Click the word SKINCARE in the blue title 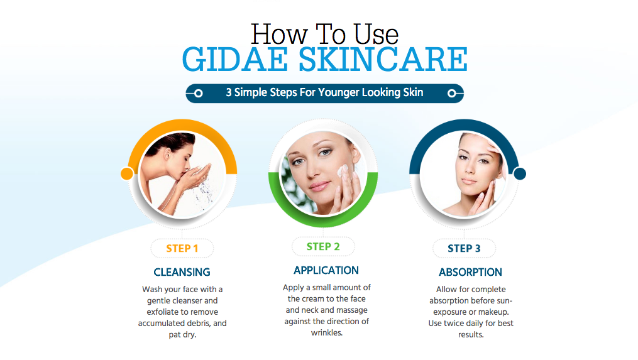pyautogui.click(x=383, y=59)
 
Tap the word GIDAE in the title pyautogui.click(x=235, y=59)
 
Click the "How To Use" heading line pyautogui.click(x=324, y=34)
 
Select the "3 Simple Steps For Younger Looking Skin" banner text pyautogui.click(x=324, y=93)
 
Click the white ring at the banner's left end pyautogui.click(x=198, y=94)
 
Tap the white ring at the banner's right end pyautogui.click(x=451, y=94)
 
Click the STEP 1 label pyautogui.click(x=182, y=248)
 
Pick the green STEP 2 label pyautogui.click(x=323, y=246)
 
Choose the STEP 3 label pyautogui.click(x=464, y=248)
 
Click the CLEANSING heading pyautogui.click(x=182, y=272)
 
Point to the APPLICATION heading pyautogui.click(x=326, y=270)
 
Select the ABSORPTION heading pyautogui.click(x=470, y=272)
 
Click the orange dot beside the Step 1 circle pyautogui.click(x=127, y=173)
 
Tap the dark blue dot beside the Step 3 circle pyautogui.click(x=520, y=173)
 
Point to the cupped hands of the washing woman pyautogui.click(x=197, y=173)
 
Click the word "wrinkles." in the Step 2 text pyautogui.click(x=327, y=333)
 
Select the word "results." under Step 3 pyautogui.click(x=471, y=335)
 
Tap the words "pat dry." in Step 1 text pyautogui.click(x=182, y=335)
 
